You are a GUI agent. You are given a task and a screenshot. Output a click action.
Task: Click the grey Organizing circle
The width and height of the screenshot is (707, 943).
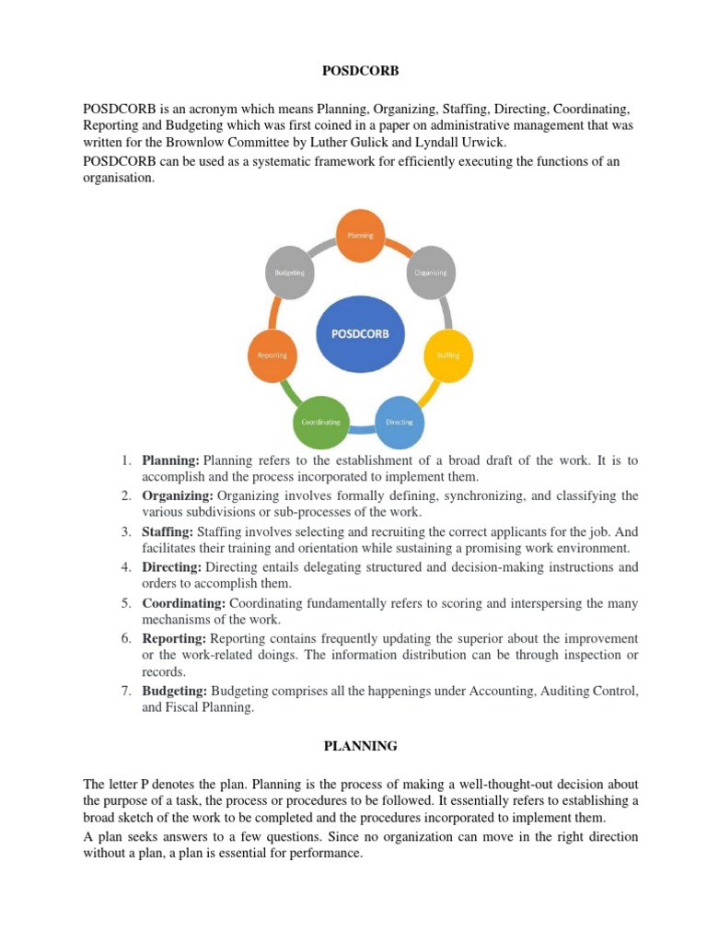429,273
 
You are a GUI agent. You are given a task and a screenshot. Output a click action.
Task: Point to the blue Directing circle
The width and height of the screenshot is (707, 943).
399,421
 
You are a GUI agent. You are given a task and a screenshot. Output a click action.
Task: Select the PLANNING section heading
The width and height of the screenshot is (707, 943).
353,746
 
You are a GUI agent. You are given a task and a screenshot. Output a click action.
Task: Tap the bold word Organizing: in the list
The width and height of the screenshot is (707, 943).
177,496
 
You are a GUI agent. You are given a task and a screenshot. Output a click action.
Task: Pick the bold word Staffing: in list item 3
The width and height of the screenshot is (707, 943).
168,531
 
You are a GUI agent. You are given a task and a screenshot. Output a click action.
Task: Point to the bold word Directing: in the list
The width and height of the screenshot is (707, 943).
172,567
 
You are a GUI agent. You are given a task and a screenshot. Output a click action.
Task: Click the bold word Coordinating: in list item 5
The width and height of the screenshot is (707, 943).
184,602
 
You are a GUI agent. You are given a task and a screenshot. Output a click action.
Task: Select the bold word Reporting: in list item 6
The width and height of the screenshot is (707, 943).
175,638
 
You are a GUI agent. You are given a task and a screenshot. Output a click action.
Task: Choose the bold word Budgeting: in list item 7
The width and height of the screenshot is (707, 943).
176,691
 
